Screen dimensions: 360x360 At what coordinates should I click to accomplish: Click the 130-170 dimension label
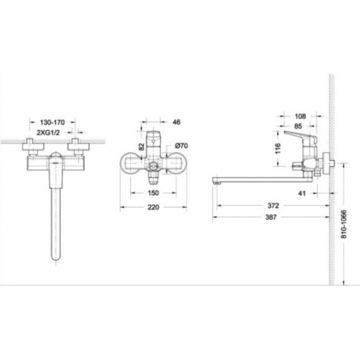coord(52,122)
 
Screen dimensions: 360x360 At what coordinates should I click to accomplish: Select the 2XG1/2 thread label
coord(48,133)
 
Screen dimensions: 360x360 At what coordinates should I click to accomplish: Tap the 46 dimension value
coord(176,122)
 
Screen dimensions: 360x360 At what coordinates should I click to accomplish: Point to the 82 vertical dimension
coord(142,147)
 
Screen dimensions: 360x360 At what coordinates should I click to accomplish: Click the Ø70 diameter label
coord(181,146)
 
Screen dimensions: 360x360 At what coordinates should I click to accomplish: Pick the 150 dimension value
coord(153,193)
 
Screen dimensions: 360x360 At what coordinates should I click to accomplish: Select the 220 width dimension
coord(153,208)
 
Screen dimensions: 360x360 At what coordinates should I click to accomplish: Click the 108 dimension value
coord(301,116)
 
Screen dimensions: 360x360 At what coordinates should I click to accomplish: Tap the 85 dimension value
coord(298,126)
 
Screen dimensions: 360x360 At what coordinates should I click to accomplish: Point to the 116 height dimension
coord(278,148)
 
